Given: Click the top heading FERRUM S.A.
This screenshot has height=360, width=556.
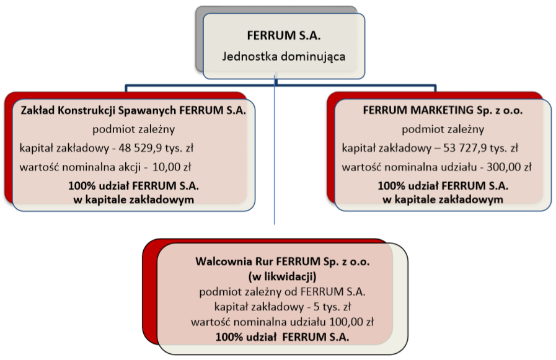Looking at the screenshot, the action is pos(284,36).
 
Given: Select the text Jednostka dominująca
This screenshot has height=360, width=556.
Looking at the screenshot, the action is pos(284,56).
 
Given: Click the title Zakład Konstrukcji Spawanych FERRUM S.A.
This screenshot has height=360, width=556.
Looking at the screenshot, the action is pos(133,110).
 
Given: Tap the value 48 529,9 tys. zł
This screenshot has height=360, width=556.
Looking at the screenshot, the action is pos(156,147).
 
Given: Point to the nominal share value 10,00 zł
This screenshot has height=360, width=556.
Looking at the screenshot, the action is pos(172,167).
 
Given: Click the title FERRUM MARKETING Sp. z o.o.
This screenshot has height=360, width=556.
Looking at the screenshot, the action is pos(443,110).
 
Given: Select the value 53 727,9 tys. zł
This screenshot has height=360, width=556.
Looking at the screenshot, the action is pos(480,147).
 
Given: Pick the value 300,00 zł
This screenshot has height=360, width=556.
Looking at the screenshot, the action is pos(509,167).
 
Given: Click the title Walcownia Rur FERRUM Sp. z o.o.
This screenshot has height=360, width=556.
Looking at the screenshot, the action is pos(282,261).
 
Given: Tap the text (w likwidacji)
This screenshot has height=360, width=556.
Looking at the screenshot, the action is pos(282,276).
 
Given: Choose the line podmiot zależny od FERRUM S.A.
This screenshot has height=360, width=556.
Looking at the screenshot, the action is pos(282,292).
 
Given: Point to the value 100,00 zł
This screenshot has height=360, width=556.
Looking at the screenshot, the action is pos(351,322).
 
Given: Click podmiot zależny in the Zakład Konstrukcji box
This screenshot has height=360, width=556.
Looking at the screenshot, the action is pos(134,130).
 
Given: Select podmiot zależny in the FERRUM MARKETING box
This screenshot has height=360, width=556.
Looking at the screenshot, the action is pos(443,130).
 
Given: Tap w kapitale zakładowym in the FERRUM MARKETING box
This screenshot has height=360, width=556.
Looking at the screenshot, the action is pos(443,200).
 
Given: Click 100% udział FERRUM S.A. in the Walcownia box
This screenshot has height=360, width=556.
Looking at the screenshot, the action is pos(282,337).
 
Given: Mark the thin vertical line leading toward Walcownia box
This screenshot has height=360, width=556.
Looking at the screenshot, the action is pos(275,150).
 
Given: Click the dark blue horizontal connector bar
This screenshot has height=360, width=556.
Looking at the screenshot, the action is pos(281,86).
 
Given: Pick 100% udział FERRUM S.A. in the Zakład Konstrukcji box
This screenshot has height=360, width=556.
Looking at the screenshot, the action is pos(134,186).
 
